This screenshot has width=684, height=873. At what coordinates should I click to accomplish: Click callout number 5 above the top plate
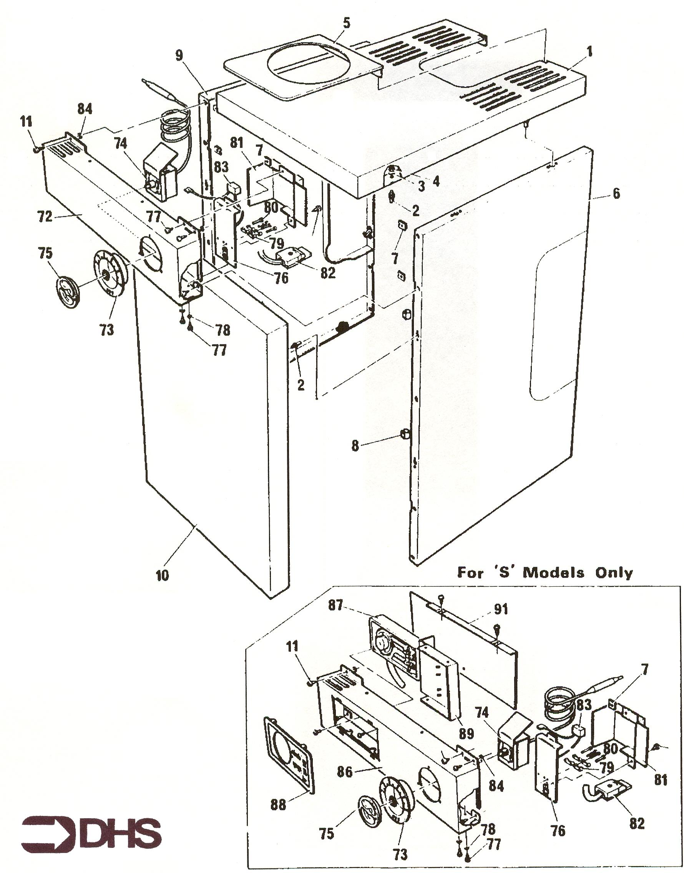[x=346, y=23]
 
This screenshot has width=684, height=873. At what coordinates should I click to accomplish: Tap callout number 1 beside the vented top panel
[x=589, y=51]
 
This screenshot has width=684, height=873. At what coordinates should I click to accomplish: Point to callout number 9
[x=179, y=56]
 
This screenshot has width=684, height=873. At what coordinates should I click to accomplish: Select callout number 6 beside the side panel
[x=616, y=194]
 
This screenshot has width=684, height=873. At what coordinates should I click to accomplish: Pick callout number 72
[x=45, y=216]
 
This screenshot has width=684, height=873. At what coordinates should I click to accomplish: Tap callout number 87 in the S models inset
[x=335, y=605]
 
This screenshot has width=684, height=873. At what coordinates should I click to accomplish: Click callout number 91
[x=501, y=609]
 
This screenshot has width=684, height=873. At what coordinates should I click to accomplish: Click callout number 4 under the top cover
[x=436, y=181]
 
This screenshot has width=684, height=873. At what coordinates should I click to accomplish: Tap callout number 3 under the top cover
[x=421, y=186]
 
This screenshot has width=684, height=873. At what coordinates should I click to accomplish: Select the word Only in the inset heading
[x=614, y=572]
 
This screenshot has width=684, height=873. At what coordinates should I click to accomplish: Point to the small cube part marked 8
[x=405, y=434]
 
